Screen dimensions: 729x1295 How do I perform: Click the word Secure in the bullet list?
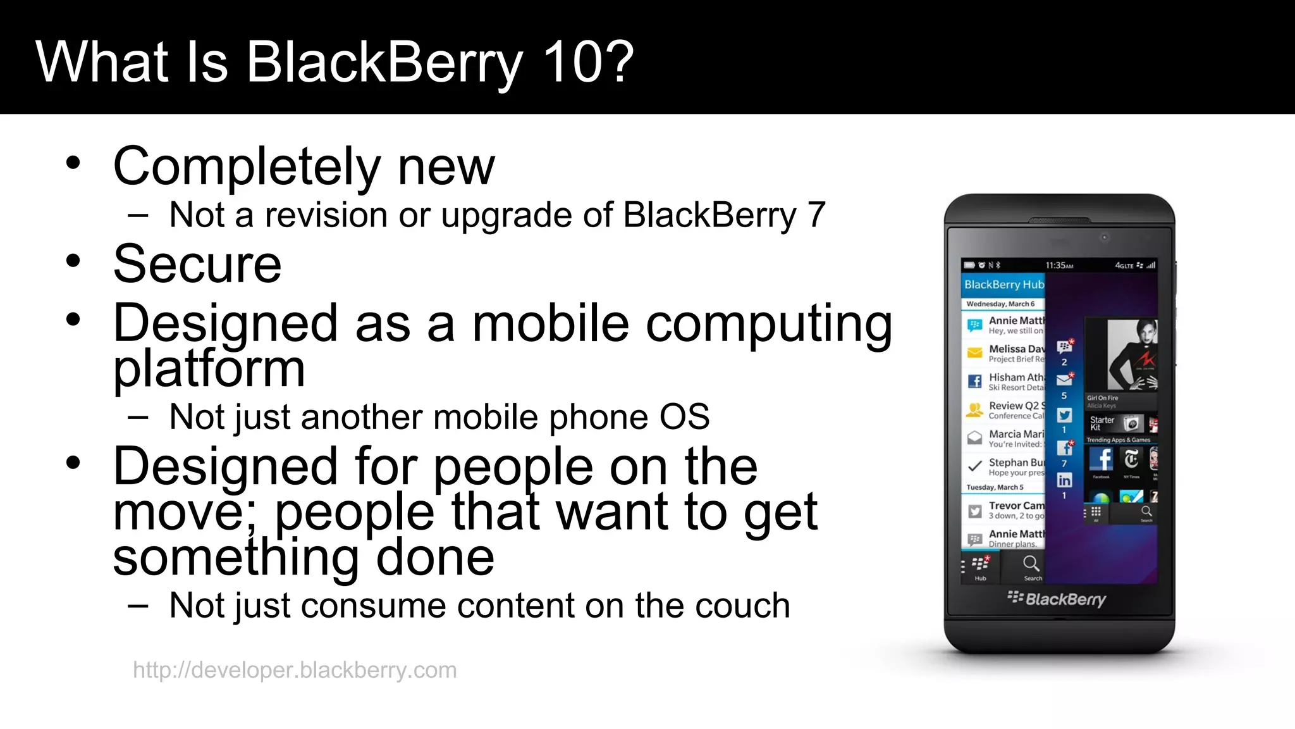click(x=197, y=264)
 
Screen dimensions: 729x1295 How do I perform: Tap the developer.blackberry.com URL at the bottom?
click(x=295, y=670)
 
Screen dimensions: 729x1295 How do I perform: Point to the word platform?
click(x=209, y=369)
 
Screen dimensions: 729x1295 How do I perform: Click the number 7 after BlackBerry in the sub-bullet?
click(x=816, y=215)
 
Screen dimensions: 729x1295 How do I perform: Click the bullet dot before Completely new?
click(x=73, y=163)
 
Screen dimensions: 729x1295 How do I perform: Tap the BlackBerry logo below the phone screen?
click(x=1057, y=599)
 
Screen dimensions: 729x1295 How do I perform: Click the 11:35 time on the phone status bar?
click(x=1059, y=266)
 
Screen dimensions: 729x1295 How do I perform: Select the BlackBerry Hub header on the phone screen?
click(x=1003, y=285)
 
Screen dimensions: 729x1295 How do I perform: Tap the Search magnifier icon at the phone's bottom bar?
click(x=1031, y=564)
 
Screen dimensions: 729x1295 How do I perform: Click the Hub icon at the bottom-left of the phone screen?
click(x=980, y=565)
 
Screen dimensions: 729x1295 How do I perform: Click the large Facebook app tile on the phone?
click(x=1102, y=460)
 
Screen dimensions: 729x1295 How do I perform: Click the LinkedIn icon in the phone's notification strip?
click(x=1064, y=480)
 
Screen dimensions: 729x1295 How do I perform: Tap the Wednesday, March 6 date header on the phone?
click(x=1000, y=304)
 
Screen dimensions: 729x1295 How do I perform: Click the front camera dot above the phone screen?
click(x=1105, y=237)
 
